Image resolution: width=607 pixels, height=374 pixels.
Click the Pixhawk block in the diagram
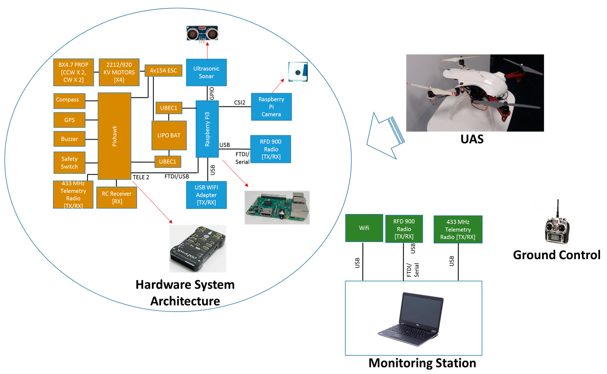(114, 136)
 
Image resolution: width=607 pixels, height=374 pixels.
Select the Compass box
(69, 101)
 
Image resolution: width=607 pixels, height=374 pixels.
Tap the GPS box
(69, 120)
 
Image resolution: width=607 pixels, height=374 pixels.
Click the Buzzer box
(69, 139)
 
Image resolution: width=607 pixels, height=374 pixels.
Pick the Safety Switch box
(69, 162)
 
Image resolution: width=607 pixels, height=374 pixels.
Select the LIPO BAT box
(169, 135)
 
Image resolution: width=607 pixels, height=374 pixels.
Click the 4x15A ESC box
(163, 70)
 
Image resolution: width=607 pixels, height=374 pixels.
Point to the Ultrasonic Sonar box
(206, 72)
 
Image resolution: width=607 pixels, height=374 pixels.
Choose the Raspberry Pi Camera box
(271, 107)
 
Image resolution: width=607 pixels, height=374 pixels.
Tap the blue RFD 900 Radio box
(271, 149)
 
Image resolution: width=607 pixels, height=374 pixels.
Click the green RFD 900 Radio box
(404, 229)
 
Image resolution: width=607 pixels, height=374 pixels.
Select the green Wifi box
(364, 228)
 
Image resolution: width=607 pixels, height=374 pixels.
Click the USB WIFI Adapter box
(206, 195)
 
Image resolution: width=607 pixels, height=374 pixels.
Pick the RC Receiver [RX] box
(116, 197)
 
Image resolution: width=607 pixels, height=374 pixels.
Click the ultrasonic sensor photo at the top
(202, 33)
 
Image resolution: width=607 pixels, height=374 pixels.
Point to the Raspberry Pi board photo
(277, 207)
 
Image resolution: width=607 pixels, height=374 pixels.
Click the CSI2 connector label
(239, 103)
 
